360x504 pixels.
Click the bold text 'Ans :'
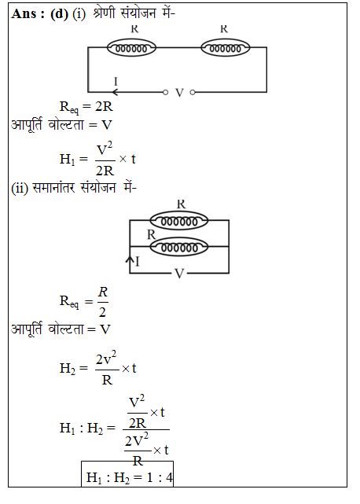[x=28, y=14]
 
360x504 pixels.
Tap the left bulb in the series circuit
[x=131, y=48]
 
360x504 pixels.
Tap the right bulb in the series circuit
[x=226, y=48]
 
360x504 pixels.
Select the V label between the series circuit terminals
[x=179, y=93]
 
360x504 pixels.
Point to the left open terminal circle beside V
[x=165, y=93]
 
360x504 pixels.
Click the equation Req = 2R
[x=86, y=107]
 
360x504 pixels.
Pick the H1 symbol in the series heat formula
[x=67, y=159]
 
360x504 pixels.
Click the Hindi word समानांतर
[x=54, y=187]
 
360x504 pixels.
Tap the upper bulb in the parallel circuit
[x=179, y=220]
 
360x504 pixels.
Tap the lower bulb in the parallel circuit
[x=179, y=247]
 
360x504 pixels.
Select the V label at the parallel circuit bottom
[x=179, y=274]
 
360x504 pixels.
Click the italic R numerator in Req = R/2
[x=102, y=292]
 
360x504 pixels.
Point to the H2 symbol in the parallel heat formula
[x=68, y=368]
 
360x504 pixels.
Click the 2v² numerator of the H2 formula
[x=106, y=358]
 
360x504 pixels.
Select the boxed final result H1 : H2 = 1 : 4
[x=127, y=474]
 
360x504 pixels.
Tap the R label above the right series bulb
[x=224, y=29]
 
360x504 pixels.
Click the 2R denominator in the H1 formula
[x=105, y=171]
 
